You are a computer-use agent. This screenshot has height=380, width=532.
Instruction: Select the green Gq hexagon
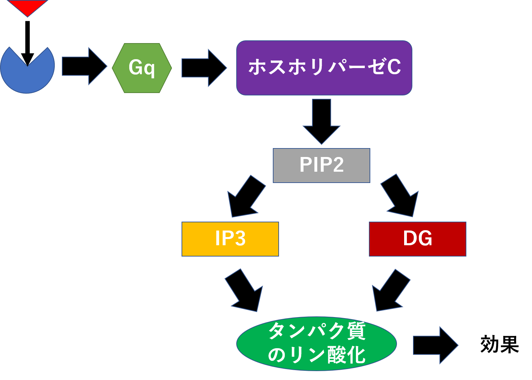pos(142,68)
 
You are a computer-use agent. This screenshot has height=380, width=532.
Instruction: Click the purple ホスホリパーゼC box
pos(324,68)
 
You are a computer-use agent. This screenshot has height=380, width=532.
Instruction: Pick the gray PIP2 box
pos(321,165)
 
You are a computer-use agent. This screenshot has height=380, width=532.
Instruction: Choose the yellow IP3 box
pos(230,239)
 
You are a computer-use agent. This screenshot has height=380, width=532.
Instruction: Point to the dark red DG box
pos(417,239)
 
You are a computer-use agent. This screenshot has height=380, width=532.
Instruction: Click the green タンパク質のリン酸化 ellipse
pos(317,343)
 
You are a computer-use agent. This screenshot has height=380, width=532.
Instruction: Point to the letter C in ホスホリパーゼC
pos(394,67)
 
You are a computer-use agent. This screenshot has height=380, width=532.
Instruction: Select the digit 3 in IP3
pos(240,238)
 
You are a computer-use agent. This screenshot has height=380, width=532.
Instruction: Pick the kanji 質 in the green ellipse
pos(356,331)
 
